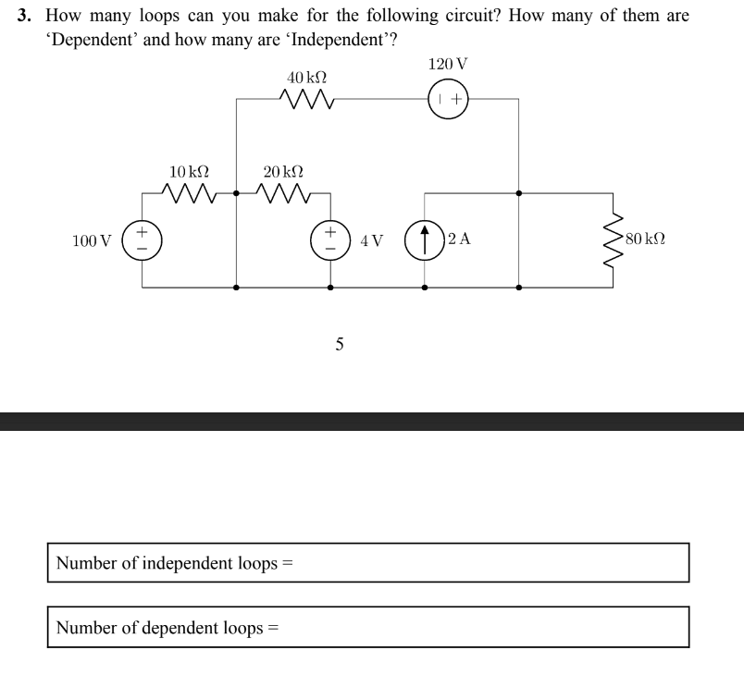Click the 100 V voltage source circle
pyautogui.click(x=143, y=240)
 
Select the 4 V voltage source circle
pyautogui.click(x=331, y=240)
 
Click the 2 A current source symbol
pyautogui.click(x=425, y=240)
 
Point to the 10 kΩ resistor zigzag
pyautogui.click(x=190, y=193)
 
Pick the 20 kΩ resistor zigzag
pyautogui.click(x=284, y=193)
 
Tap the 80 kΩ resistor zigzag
pyautogui.click(x=611, y=240)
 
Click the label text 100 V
pyautogui.click(x=91, y=241)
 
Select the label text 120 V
pyautogui.click(x=448, y=64)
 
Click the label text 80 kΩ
pyautogui.click(x=645, y=239)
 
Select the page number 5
pyautogui.click(x=340, y=345)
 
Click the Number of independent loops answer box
pyautogui.click(x=368, y=562)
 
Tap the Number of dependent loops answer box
pyautogui.click(x=368, y=627)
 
